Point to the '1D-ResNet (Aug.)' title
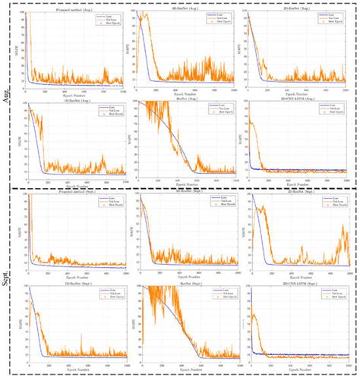[74, 100]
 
